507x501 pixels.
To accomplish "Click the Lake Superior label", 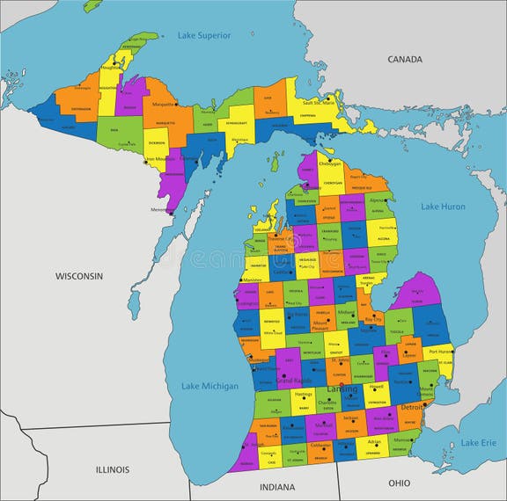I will tap(204, 35).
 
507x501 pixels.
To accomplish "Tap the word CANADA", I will tap(404, 60).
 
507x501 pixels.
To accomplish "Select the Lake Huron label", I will tap(442, 207).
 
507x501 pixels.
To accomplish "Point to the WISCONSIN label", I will tap(79, 276).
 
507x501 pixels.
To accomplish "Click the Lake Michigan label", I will tap(209, 386).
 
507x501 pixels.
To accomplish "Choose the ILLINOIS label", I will tap(113, 469).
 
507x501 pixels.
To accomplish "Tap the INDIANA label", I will tap(277, 486).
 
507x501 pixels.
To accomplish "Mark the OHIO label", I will tap(399, 483).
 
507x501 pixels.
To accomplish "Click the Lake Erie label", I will tap(478, 442).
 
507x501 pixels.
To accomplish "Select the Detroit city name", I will tap(412, 408).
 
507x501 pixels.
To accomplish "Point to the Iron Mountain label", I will tap(162, 159).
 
